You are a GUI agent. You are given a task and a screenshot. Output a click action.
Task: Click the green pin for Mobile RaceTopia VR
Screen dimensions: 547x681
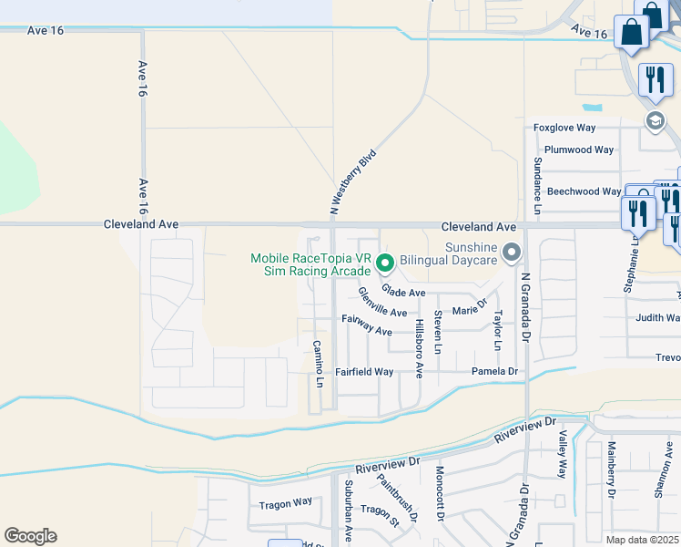(x=385, y=264)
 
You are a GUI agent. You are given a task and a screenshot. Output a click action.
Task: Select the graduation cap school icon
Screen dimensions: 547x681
(x=655, y=120)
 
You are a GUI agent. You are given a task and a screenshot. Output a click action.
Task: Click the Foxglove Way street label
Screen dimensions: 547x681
(x=564, y=129)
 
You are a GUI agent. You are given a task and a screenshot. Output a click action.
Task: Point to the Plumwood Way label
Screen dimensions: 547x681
(x=579, y=150)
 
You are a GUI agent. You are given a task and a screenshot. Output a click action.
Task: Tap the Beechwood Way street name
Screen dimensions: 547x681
(x=584, y=191)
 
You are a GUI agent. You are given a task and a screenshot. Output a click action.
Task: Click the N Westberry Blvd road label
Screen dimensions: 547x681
(x=353, y=182)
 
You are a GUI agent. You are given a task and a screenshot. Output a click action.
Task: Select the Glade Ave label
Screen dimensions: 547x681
(x=403, y=292)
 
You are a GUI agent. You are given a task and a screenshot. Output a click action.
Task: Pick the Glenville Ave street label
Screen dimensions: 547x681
(x=382, y=302)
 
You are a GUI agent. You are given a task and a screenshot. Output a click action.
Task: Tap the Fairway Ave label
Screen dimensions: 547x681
(x=366, y=325)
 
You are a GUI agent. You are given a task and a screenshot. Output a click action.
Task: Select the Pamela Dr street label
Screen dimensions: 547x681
(x=494, y=371)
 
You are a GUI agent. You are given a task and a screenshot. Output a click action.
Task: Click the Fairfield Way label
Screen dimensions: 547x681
(x=363, y=372)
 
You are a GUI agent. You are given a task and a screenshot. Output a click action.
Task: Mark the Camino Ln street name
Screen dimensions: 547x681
(x=319, y=363)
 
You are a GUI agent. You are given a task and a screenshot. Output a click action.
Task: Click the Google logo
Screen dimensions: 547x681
(x=30, y=536)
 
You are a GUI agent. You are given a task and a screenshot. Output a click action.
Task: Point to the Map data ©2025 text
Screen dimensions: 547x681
(x=642, y=540)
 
